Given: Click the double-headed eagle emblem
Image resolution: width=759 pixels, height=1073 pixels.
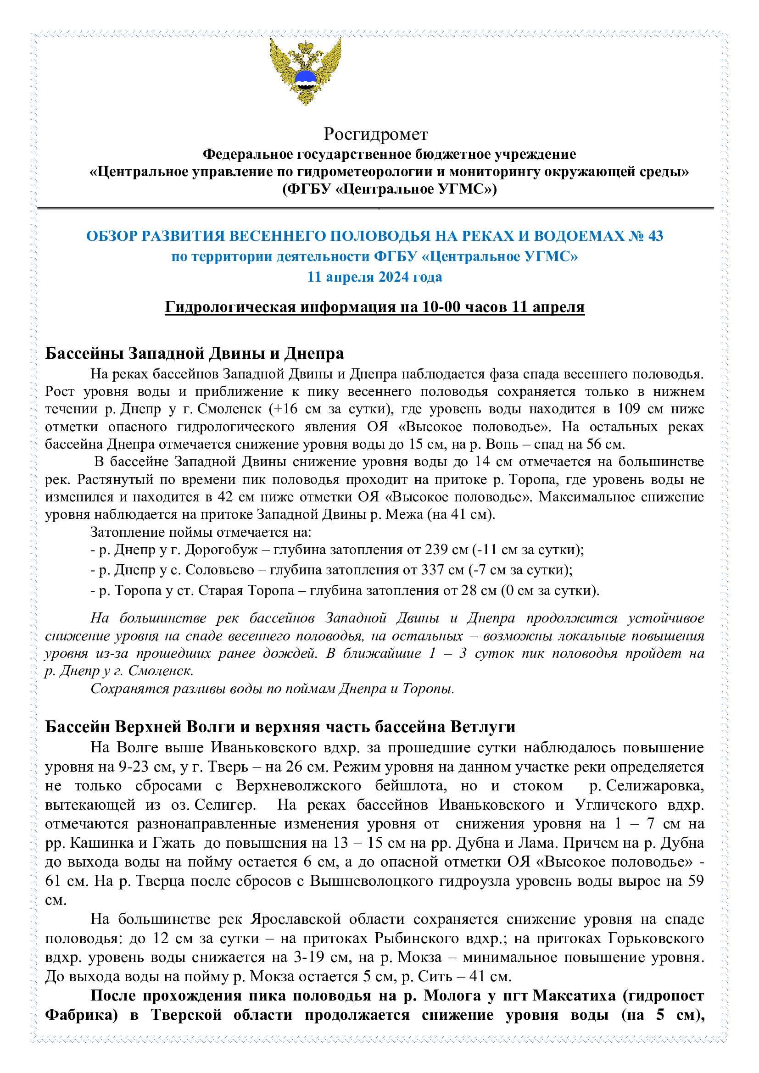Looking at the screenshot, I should (305, 72).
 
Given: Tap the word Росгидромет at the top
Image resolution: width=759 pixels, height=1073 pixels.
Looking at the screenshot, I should (375, 134).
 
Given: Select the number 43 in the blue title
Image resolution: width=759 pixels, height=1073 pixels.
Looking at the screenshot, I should (655, 236).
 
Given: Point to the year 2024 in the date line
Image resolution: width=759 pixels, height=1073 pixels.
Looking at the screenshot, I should (394, 277).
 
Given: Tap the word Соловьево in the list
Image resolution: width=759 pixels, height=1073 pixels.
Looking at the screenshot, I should (220, 570).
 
